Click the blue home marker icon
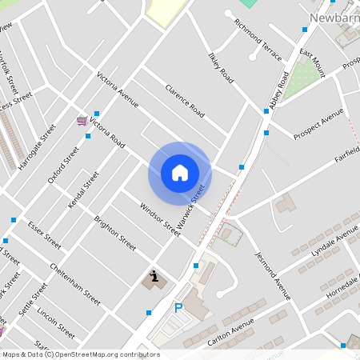(x=180, y=172)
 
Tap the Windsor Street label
(x=160, y=218)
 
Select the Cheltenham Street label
(x=75, y=284)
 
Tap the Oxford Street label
(x=64, y=164)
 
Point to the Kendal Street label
(x=83, y=190)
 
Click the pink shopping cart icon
(x=82, y=121)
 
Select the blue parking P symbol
(x=178, y=308)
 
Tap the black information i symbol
(x=153, y=276)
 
